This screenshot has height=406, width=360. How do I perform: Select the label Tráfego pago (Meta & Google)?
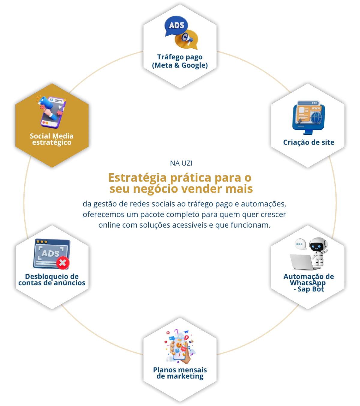click(180, 61)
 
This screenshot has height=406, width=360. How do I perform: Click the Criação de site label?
click(308, 142)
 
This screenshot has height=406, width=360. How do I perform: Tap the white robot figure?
click(318, 251)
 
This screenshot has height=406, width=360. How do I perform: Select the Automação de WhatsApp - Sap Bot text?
click(308, 283)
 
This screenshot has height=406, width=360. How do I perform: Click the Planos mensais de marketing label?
click(180, 373)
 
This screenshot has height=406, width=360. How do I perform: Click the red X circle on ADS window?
click(62, 263)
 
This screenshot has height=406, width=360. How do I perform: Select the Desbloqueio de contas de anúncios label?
click(52, 280)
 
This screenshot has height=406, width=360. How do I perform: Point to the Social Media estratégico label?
click(52, 139)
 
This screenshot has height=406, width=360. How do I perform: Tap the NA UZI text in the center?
click(181, 163)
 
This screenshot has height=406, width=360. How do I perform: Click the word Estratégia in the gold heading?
click(138, 178)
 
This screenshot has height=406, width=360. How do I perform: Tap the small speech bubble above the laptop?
click(300, 244)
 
